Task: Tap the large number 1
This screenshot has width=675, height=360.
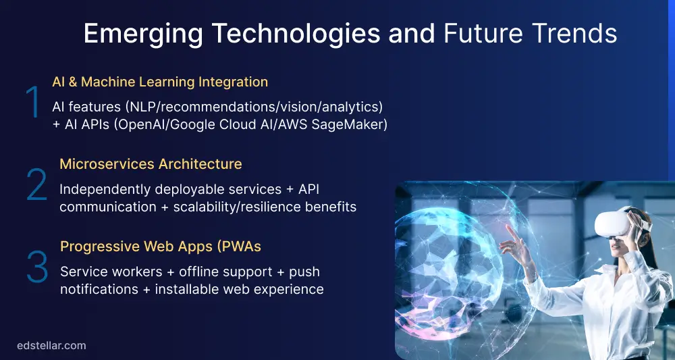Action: tap(32, 104)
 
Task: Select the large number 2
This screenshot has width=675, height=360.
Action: tap(36, 185)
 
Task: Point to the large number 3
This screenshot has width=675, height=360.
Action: tap(37, 267)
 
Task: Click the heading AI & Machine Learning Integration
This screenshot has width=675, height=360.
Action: tap(160, 82)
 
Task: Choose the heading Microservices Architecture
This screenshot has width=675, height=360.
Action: tap(151, 164)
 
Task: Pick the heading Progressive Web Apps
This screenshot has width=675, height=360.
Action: tap(161, 247)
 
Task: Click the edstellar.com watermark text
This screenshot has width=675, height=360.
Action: tap(51, 345)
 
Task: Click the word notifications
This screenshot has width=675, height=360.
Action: tap(100, 289)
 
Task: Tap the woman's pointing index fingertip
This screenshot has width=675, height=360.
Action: tap(507, 227)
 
